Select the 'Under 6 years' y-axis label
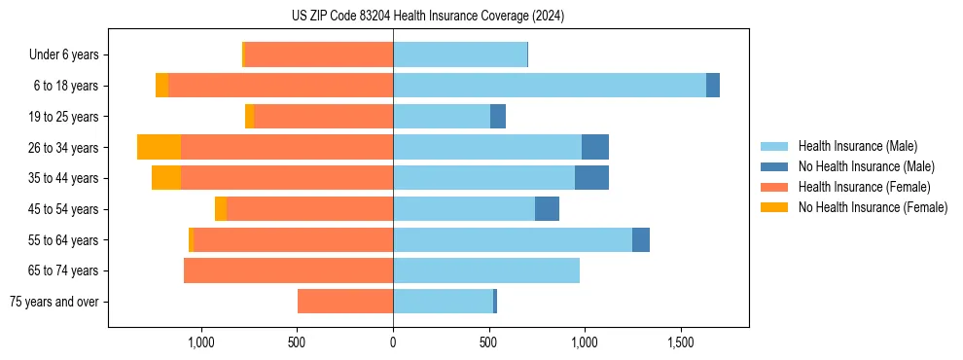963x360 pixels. tap(69, 55)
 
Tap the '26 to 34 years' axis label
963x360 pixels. tap(64, 148)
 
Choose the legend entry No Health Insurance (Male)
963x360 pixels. tap(859, 166)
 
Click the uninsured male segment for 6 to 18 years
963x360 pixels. tap(713, 86)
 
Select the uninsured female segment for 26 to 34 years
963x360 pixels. tap(159, 147)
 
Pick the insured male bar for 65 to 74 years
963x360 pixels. tap(486, 270)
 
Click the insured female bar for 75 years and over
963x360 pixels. tap(345, 302)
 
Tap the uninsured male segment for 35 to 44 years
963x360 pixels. tap(591, 178)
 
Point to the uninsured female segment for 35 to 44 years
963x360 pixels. tap(166, 178)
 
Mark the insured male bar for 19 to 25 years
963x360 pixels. tap(442, 117)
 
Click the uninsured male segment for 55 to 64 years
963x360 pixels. tap(641, 239)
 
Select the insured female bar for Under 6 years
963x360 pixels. tap(319, 55)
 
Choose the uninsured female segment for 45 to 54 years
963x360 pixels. tap(221, 209)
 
